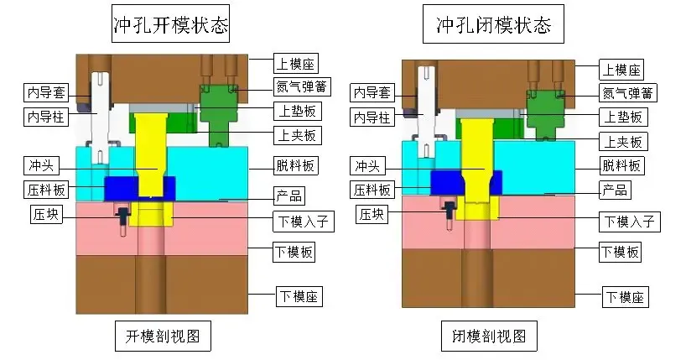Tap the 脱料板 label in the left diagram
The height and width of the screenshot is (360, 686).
(296, 166)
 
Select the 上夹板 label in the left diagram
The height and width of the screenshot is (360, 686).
(296, 134)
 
